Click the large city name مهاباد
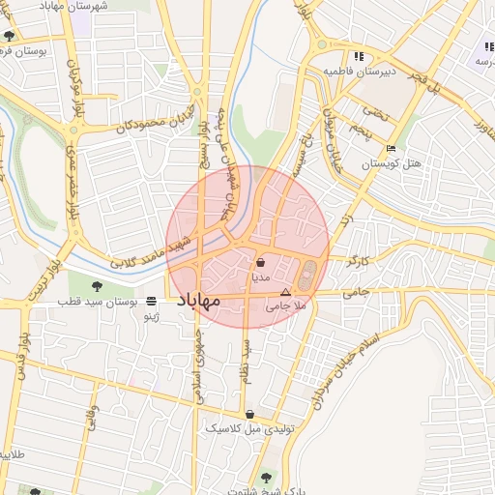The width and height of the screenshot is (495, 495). (x=198, y=302)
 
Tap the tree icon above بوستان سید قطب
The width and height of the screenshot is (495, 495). (x=97, y=285)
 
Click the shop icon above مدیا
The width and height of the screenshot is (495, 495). (x=261, y=262)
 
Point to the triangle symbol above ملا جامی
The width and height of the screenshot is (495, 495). (x=284, y=292)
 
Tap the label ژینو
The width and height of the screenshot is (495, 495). (x=152, y=316)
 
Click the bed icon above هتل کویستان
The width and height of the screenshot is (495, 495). (x=390, y=148)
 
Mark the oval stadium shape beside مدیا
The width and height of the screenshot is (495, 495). (x=306, y=276)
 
